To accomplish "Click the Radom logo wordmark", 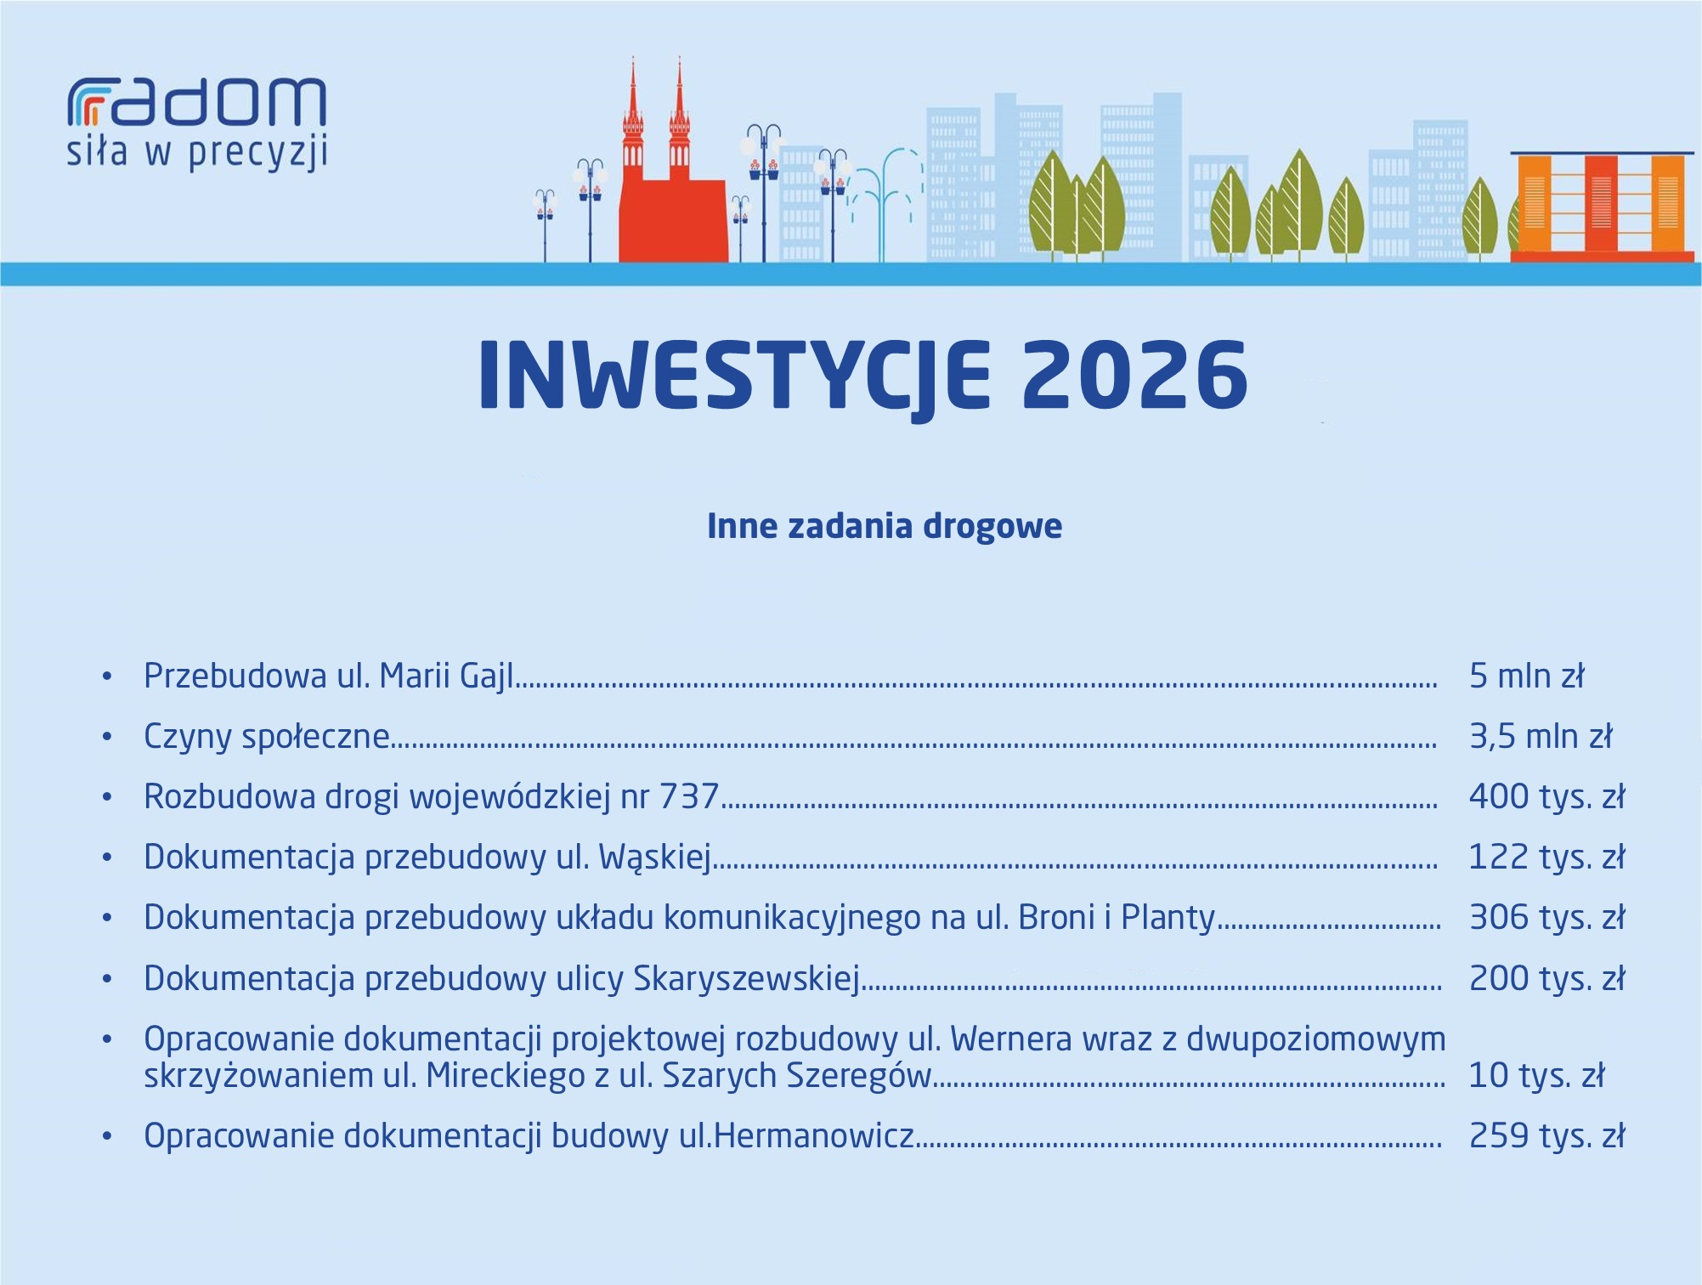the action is pyautogui.click(x=196, y=103).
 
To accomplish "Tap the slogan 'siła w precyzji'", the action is pyautogui.click(x=197, y=154).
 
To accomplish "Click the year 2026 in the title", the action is pyautogui.click(x=1135, y=375).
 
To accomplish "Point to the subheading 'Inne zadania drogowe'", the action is pyautogui.click(x=885, y=526).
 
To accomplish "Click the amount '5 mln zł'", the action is pyautogui.click(x=1527, y=676).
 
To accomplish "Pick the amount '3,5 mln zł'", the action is pyautogui.click(x=1541, y=736).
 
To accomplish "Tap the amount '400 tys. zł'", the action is pyautogui.click(x=1547, y=797).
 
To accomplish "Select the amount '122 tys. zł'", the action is pyautogui.click(x=1547, y=858).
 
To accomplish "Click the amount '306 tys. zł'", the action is pyautogui.click(x=1547, y=918).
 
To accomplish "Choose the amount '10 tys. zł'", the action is pyautogui.click(x=1536, y=1076).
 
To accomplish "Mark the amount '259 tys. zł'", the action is pyautogui.click(x=1547, y=1136).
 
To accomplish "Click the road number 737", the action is pyautogui.click(x=689, y=797).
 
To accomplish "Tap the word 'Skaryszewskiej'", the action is pyautogui.click(x=747, y=979).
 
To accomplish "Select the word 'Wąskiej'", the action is pyautogui.click(x=654, y=858).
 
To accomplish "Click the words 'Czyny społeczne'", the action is pyautogui.click(x=267, y=737).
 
